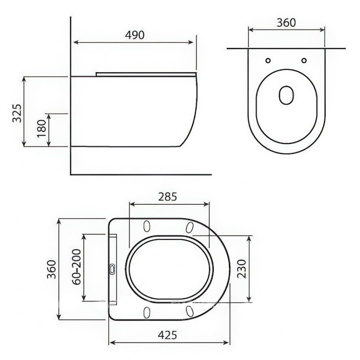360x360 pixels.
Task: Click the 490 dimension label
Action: click(135, 35)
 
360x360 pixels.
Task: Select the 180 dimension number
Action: click(42, 128)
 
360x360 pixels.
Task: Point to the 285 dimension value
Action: click(168, 197)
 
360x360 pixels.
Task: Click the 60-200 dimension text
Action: click(76, 267)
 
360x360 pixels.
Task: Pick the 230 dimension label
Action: click(241, 269)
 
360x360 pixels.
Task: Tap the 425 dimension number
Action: click(167, 335)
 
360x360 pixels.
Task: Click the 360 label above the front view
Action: click(286, 23)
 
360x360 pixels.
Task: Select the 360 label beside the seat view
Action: click(52, 269)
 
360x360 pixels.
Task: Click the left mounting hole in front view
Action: click(268, 60)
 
